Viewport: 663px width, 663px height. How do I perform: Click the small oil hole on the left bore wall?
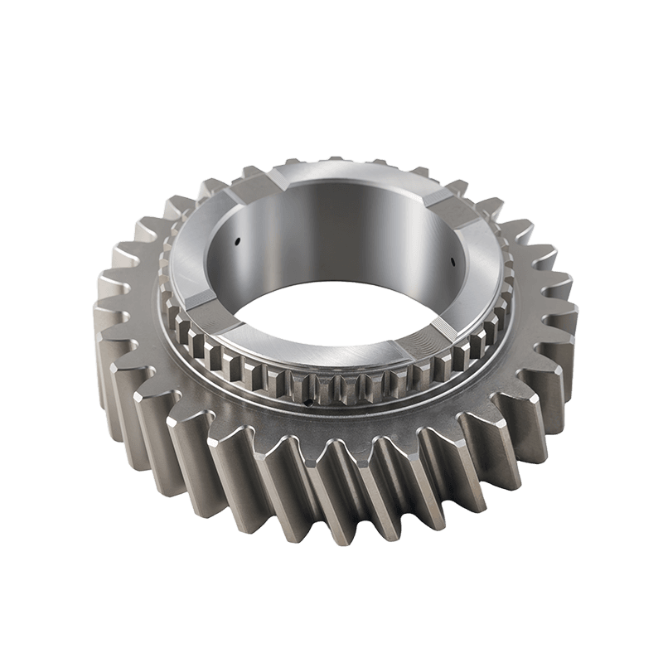tap(236, 243)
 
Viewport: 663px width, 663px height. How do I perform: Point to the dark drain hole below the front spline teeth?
tap(309, 404)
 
